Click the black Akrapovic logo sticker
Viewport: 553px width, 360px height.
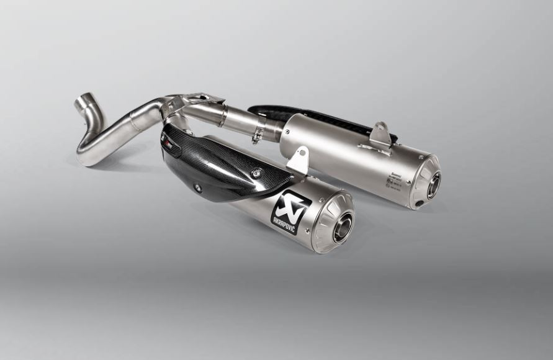coord(290,212)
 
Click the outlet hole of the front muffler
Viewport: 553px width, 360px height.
coord(343,227)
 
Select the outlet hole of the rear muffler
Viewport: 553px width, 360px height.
coord(433,184)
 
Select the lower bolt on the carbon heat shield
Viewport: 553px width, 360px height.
coord(197,187)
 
